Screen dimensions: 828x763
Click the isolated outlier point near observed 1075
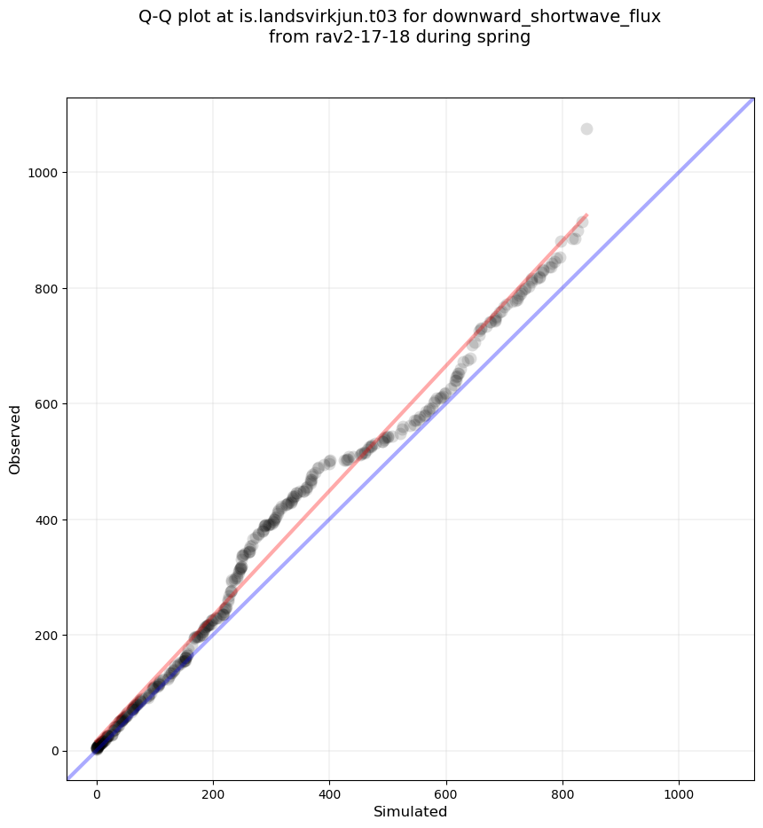pyautogui.click(x=586, y=129)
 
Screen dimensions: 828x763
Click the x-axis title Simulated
pyautogui.click(x=410, y=811)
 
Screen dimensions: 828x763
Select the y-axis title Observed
pyautogui.click(x=15, y=439)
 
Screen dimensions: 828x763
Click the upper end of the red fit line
pyautogui.click(x=586, y=215)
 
